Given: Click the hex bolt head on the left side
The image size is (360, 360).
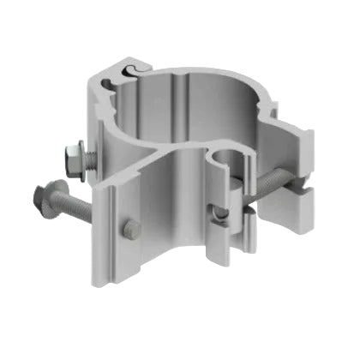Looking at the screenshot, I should [72, 158].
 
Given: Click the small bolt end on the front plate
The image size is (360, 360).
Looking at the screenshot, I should [131, 229].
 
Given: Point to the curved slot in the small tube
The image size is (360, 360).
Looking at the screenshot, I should [221, 215].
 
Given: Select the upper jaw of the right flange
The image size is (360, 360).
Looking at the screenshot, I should [296, 146].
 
